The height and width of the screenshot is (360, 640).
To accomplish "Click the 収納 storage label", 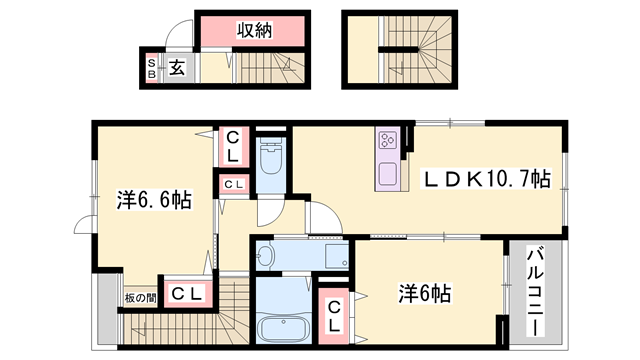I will tap(256, 32).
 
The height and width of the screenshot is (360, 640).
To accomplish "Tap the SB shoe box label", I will tap(152, 68).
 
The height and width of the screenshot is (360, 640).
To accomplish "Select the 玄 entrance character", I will tap(175, 69).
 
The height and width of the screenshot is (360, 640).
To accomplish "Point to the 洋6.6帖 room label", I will tap(152, 200).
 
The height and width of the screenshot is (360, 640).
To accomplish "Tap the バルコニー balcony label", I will tap(535, 291).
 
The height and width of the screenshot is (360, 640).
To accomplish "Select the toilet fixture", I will tap(270, 160).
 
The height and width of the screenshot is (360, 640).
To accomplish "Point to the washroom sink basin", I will tap(265, 255).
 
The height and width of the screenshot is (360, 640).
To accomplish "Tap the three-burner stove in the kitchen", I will tap(388, 143).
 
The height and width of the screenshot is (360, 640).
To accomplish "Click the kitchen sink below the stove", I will tap(387, 172).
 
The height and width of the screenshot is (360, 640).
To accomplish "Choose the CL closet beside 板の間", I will tap(185, 293).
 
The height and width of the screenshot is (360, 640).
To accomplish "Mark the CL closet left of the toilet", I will tap(231, 148).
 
